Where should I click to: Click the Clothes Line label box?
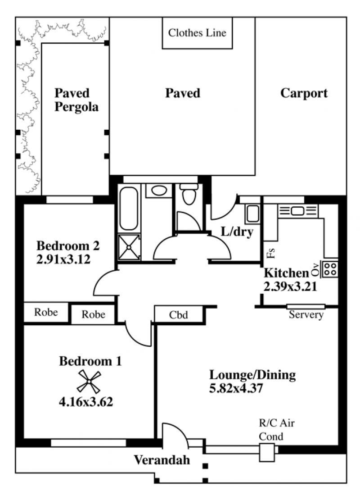pyautogui.click(x=197, y=33)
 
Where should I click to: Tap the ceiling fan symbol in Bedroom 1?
pyautogui.click(x=89, y=382)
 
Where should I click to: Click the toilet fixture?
pyautogui.click(x=189, y=194)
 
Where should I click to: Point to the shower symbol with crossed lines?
pyautogui.click(x=129, y=247)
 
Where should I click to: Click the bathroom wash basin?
pyautogui.click(x=159, y=191)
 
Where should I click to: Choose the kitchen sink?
pyautogui.click(x=297, y=211)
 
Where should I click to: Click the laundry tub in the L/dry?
pyautogui.click(x=252, y=214)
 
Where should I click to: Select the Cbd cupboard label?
pyautogui.click(x=178, y=315)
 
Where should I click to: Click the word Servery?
pyautogui.click(x=306, y=315)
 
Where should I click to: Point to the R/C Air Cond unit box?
pyautogui.click(x=267, y=453)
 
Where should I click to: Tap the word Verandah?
pyautogui.click(x=162, y=460)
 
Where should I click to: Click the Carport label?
pyautogui.click(x=304, y=93)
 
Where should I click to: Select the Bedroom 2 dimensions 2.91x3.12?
pyautogui.click(x=63, y=259)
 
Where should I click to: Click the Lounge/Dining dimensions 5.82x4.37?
pyautogui.click(x=236, y=388)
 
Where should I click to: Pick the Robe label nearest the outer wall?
pyautogui.click(x=46, y=312)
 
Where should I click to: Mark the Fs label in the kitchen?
pyautogui.click(x=271, y=253)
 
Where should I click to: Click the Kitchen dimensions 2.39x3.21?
pyautogui.click(x=290, y=286)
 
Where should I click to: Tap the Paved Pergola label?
pyautogui.click(x=76, y=100)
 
